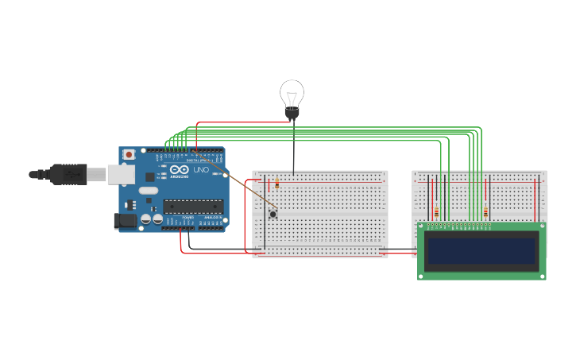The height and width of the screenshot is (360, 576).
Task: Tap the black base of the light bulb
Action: (292, 115)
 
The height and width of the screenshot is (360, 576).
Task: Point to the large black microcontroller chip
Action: (192, 207)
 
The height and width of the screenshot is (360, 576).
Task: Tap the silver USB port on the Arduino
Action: (120, 175)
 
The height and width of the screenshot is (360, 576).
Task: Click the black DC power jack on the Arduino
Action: (125, 222)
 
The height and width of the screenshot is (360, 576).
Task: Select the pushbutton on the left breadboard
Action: (273, 213)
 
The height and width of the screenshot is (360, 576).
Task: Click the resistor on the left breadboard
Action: (277, 184)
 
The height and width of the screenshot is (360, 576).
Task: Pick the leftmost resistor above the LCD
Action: (436, 211)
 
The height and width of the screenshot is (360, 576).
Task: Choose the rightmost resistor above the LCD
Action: (485, 211)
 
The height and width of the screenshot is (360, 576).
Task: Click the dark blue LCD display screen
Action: (481, 251)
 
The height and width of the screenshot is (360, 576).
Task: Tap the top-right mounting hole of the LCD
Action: (541, 227)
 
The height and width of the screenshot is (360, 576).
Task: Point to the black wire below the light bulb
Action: (293, 147)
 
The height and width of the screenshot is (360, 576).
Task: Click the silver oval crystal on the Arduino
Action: (149, 191)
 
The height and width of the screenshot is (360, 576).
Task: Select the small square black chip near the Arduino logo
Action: (149, 177)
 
